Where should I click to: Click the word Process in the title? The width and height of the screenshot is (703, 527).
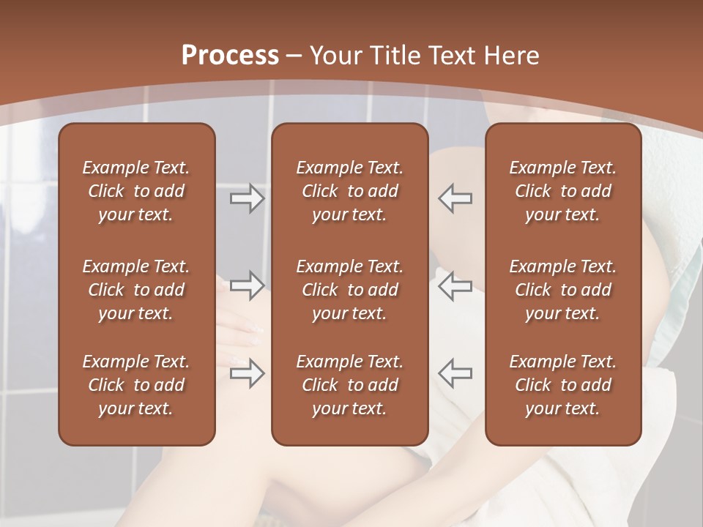point(230,56)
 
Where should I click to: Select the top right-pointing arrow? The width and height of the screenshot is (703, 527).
point(247,198)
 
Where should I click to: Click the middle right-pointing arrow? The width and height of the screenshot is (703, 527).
point(247,285)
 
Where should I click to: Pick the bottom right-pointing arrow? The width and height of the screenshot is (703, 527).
point(247,373)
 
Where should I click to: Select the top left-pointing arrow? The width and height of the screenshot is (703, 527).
point(455,198)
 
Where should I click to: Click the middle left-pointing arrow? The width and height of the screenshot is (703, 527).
point(455,285)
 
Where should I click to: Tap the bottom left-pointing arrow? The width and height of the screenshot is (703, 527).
point(455,373)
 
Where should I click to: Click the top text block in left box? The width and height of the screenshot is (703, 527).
point(136,191)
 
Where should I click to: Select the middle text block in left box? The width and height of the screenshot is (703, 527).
point(136,290)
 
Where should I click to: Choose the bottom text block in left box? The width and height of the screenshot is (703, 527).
point(136,385)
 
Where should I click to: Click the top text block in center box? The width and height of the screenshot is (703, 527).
point(349,191)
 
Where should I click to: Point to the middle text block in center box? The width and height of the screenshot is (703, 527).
point(349,290)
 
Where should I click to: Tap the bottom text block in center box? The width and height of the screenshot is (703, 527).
point(349,385)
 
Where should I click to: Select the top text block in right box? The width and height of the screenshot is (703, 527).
point(562,191)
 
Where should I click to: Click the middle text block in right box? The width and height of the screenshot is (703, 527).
point(562,290)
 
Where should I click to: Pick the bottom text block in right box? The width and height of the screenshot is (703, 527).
point(562,385)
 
